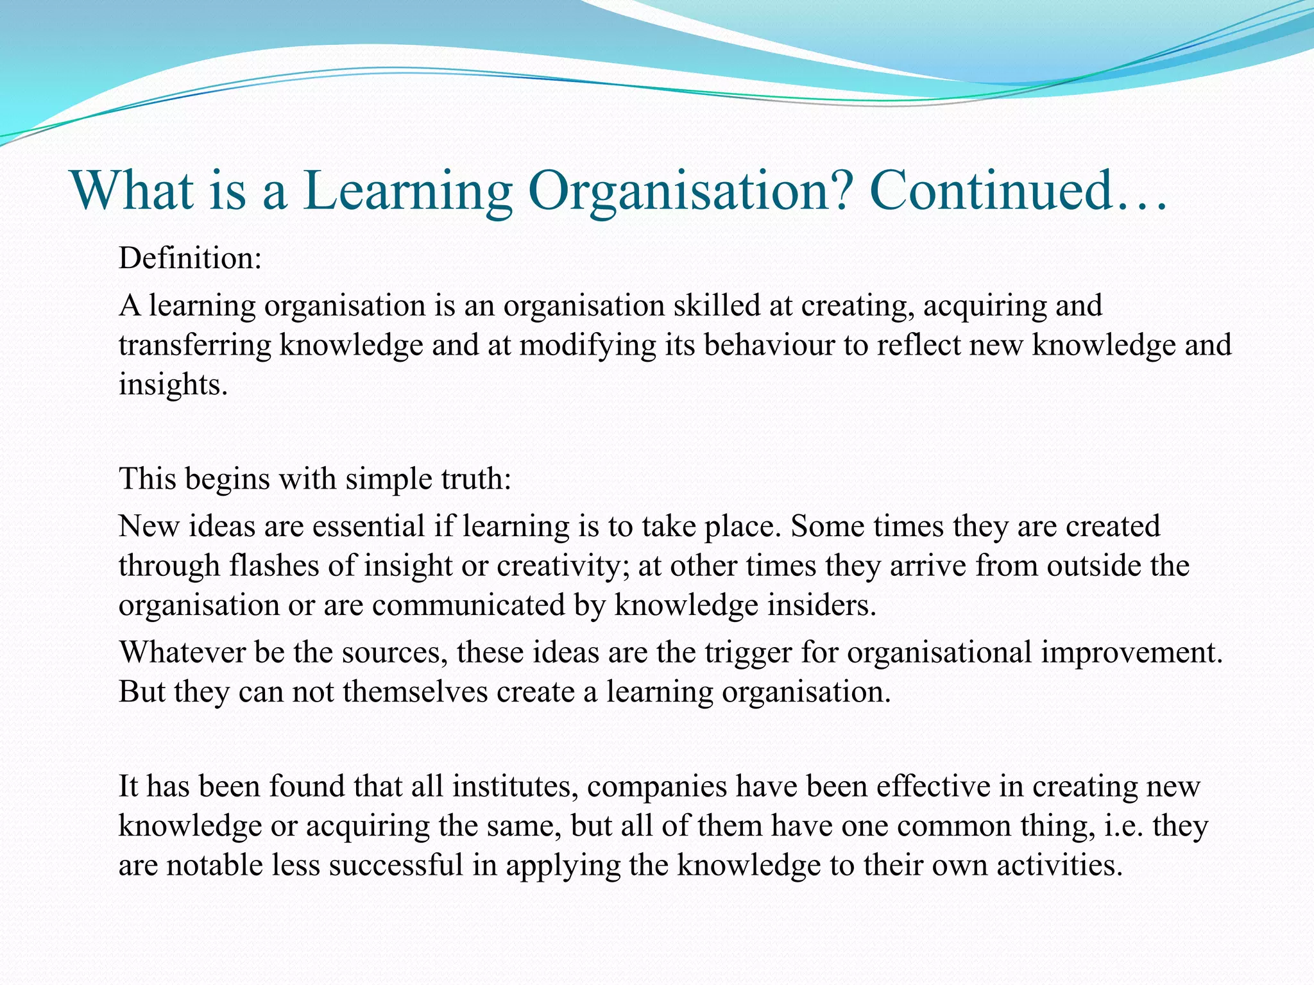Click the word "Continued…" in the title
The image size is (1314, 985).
click(x=1018, y=190)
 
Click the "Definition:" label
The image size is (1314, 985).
click(x=191, y=258)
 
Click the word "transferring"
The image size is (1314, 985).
click(x=195, y=346)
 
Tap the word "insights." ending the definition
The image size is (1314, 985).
click(x=173, y=385)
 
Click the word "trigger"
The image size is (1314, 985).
click(x=748, y=653)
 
